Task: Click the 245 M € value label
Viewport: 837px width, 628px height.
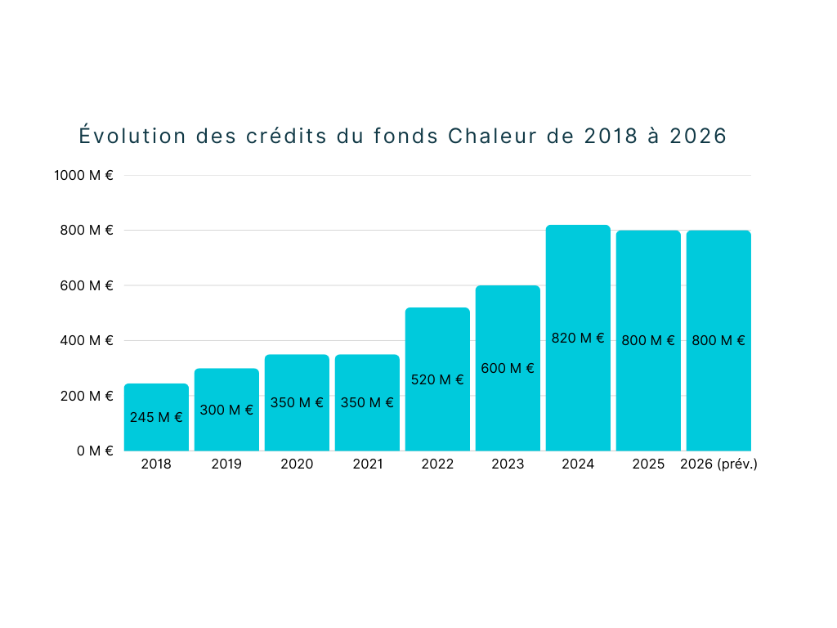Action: coord(156,417)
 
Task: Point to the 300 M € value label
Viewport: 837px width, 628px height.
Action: coord(226,410)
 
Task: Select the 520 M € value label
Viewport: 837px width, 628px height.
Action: coord(437,379)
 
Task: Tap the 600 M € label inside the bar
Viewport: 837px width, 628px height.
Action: coord(508,368)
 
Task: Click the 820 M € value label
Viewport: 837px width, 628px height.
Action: coord(578,338)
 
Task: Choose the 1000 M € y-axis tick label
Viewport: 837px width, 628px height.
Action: coord(84,175)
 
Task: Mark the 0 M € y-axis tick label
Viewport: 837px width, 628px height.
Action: coord(96,451)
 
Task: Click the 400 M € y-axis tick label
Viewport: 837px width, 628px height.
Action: coord(87,340)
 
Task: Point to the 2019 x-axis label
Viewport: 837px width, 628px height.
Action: coord(226,464)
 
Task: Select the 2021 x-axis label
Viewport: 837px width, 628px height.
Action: coord(367,464)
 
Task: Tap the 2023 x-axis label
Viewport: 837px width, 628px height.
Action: coord(508,464)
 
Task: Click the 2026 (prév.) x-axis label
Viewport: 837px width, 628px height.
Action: coord(718,464)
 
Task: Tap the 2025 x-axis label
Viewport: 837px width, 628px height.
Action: coord(648,464)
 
